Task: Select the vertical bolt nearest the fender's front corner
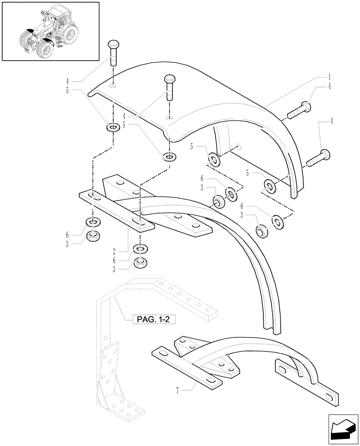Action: click(170, 87)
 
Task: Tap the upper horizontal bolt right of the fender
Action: click(299, 110)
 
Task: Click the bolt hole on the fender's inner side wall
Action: click(239, 146)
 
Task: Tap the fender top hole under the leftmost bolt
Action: click(113, 86)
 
